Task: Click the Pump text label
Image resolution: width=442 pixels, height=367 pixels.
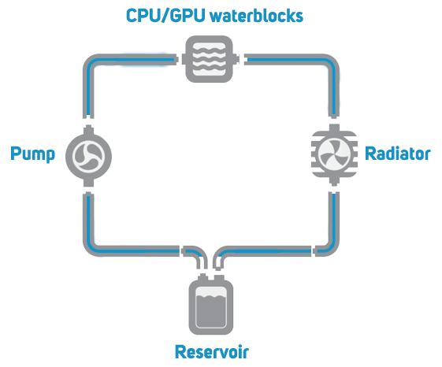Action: [x=33, y=154]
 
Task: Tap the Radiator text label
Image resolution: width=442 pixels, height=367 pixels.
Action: [x=397, y=154]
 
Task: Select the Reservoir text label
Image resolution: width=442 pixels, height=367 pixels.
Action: [x=212, y=352]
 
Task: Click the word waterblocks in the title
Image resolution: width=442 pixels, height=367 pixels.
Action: [x=257, y=16]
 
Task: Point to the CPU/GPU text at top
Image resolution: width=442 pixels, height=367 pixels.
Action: [x=165, y=16]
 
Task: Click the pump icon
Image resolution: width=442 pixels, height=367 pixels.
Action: [x=88, y=156]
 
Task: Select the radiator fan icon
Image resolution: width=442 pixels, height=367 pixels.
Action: [x=334, y=154]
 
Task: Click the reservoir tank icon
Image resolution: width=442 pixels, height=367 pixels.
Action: [x=211, y=306]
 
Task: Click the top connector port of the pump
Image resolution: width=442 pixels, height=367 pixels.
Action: [x=88, y=130]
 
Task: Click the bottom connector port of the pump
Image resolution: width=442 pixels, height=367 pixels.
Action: [x=88, y=182]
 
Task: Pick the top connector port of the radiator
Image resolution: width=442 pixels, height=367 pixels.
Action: [x=334, y=128]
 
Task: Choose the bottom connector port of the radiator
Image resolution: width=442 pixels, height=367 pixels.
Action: [x=334, y=181]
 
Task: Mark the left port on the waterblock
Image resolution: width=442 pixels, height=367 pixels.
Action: [x=184, y=59]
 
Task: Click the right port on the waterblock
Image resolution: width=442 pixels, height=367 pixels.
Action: [x=236, y=59]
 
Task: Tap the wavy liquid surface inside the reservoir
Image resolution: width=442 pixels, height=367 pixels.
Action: [x=211, y=297]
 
